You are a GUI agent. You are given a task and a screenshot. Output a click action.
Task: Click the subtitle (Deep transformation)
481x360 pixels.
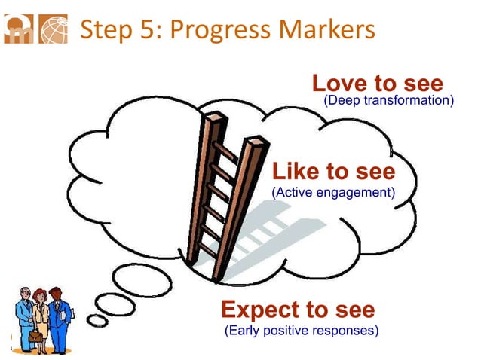388,100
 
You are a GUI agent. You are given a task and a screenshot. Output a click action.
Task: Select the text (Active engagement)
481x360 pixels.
332,192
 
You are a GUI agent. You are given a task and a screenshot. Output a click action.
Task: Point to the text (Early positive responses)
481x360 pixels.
302,330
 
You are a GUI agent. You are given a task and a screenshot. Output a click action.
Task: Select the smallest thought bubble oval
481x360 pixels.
97,321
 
